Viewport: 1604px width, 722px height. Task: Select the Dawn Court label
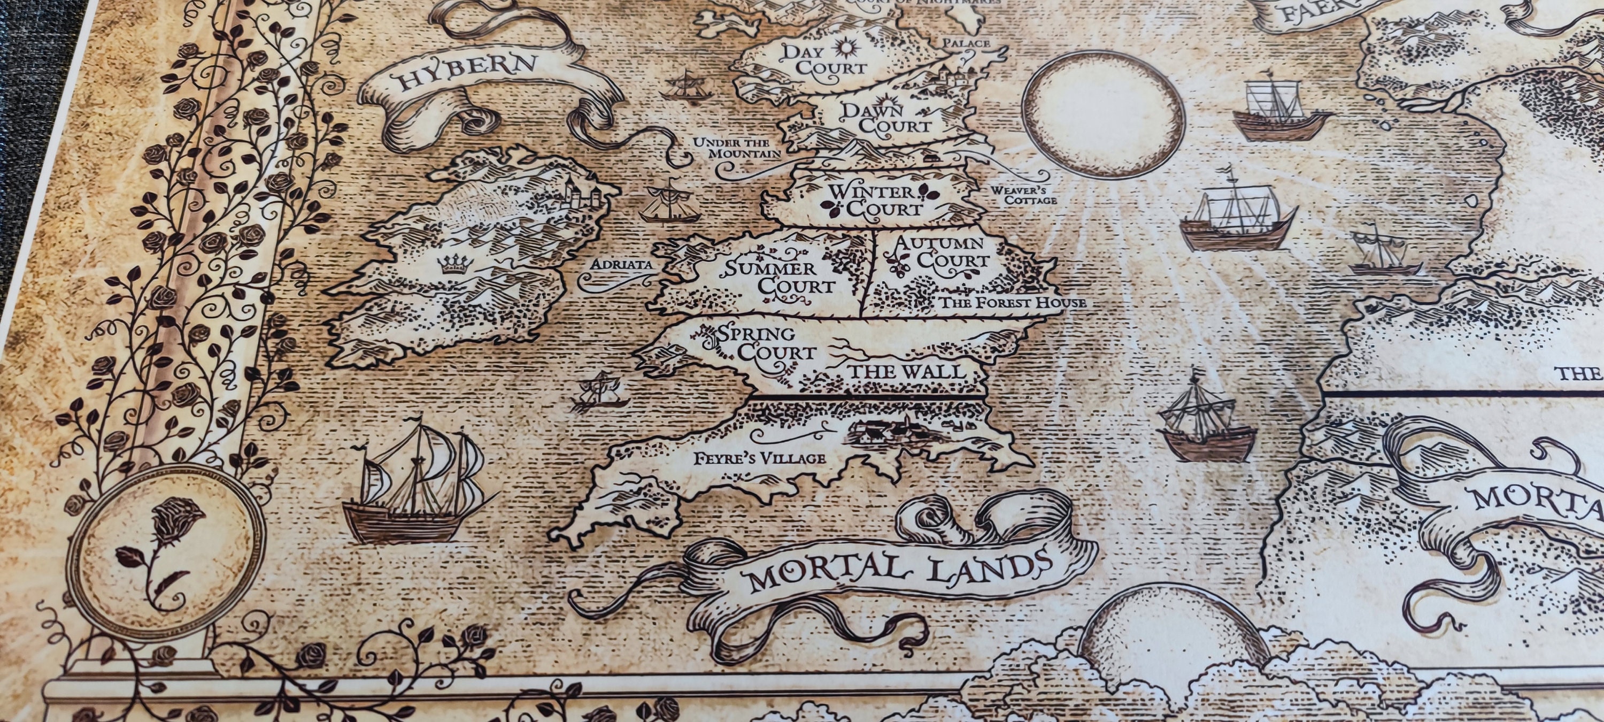[885, 118]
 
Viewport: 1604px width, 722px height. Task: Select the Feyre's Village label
[759, 459]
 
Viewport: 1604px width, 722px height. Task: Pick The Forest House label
[1011, 303]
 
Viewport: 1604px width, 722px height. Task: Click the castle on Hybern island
[579, 193]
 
